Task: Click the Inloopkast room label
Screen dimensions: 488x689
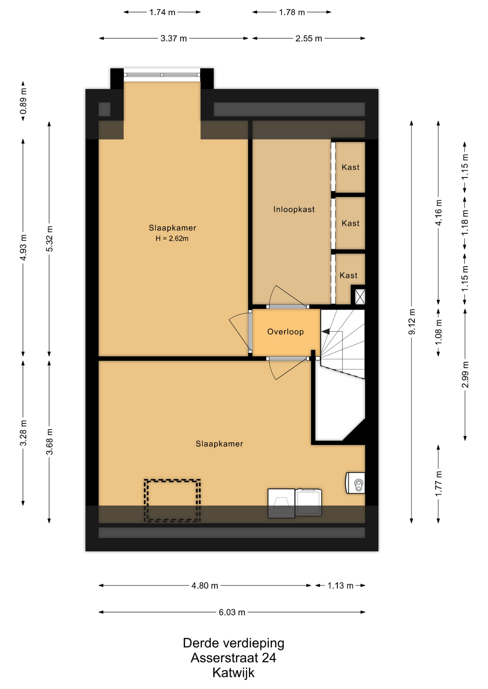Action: (294, 209)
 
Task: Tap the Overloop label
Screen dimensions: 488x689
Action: (285, 332)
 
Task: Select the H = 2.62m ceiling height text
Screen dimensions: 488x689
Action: (172, 238)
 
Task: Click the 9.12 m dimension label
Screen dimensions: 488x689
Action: (412, 322)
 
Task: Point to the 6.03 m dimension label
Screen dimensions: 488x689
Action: (232, 612)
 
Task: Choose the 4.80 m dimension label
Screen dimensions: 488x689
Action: (205, 586)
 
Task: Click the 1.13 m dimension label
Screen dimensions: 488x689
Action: (340, 586)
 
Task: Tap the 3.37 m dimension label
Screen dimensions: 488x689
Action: (174, 38)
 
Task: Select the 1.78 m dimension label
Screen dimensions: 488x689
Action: (292, 12)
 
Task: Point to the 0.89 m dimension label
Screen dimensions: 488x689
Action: (23, 101)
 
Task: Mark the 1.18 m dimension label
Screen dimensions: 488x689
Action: (465, 222)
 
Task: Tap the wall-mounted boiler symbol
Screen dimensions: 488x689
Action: (355, 483)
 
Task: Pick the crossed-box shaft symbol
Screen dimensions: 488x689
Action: (360, 297)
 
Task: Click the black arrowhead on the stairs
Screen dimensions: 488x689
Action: (326, 332)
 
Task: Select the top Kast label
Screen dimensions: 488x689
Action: (350, 167)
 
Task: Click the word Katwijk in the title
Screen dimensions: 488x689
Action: (234, 672)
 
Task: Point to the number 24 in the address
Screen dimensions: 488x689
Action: (269, 658)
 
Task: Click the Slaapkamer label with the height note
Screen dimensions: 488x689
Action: (172, 228)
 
